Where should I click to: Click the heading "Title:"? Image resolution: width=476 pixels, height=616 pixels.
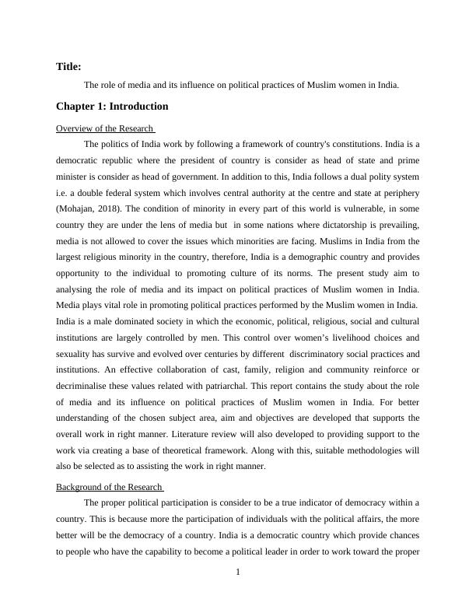68,67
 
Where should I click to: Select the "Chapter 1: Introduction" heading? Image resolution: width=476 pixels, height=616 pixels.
112,107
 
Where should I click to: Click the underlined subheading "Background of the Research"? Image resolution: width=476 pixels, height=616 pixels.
109,487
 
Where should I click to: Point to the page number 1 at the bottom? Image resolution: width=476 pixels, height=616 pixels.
238,573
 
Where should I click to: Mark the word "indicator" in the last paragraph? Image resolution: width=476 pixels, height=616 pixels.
310,502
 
